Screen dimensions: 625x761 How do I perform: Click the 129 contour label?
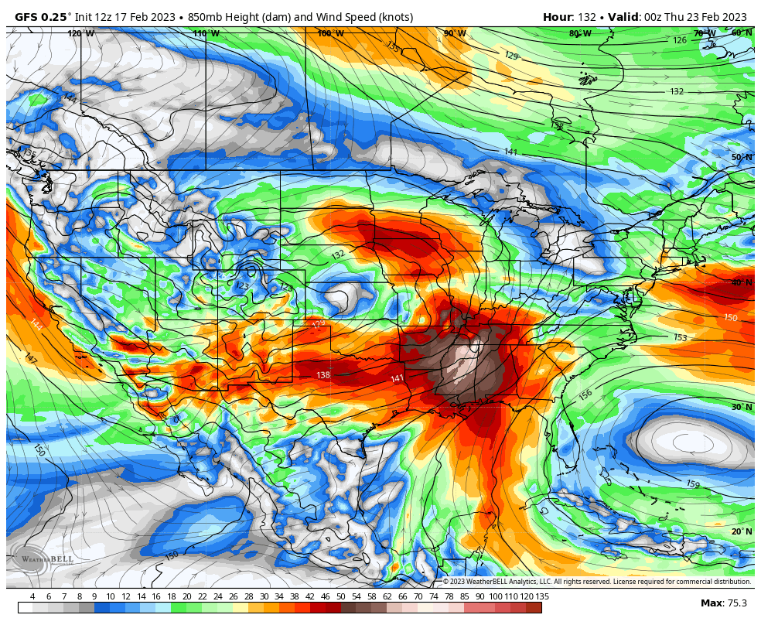[x=511, y=56]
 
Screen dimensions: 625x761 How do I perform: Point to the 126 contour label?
[x=680, y=40]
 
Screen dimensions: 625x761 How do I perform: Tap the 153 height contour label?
[x=681, y=337]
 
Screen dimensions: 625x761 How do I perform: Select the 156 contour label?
[x=585, y=394]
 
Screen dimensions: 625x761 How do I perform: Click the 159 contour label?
[x=693, y=484]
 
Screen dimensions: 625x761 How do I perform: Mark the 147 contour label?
[x=30, y=359]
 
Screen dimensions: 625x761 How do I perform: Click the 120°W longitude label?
[x=80, y=33]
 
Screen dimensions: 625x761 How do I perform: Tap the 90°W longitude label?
[x=455, y=33]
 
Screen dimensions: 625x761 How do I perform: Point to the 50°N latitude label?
[x=742, y=157]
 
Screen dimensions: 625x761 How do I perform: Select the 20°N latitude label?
[x=742, y=531]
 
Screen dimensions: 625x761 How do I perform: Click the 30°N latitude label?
[x=742, y=407]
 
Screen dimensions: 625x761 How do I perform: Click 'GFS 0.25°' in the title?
[x=43, y=17]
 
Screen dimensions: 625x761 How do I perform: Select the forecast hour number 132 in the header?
[x=587, y=17]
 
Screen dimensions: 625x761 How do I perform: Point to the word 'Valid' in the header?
[x=623, y=17]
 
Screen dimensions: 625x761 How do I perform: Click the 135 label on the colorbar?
[x=542, y=596]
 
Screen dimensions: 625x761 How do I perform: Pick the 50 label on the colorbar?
[x=340, y=596]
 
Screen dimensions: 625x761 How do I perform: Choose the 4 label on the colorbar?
[x=32, y=596]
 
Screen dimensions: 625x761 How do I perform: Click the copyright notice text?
[x=596, y=582]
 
